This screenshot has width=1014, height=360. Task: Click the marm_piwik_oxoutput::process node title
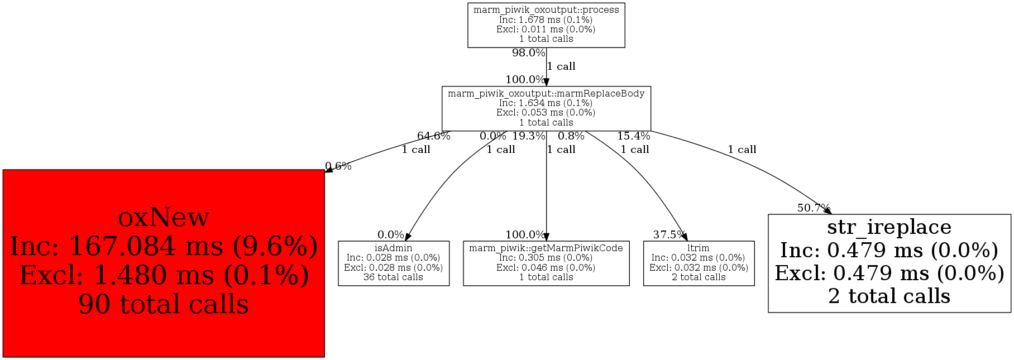(546, 10)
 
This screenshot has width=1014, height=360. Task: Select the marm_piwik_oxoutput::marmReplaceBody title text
(546, 93)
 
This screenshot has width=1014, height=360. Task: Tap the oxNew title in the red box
(164, 217)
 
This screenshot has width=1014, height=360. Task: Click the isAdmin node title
(393, 248)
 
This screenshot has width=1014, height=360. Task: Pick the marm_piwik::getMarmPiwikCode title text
(546, 248)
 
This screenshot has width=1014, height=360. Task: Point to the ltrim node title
(699, 248)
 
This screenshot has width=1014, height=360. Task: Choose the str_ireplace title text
(889, 227)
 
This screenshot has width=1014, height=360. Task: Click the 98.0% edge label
(528, 53)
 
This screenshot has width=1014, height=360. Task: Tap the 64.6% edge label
(433, 136)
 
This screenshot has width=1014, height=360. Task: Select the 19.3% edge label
(528, 136)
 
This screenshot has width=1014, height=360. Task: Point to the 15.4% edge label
(633, 136)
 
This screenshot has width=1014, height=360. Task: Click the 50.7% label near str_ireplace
(814, 208)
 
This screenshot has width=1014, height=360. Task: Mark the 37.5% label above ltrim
(669, 235)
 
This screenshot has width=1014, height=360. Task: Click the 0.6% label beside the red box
(338, 166)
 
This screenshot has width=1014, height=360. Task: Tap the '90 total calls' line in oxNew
(164, 304)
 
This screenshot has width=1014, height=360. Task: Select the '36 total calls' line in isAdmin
(393, 277)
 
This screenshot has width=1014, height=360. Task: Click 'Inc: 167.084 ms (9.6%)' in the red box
(164, 246)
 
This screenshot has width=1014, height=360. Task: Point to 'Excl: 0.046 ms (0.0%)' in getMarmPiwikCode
(546, 267)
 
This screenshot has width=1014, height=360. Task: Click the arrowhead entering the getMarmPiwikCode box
(546, 237)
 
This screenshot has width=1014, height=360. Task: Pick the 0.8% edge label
(571, 136)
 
